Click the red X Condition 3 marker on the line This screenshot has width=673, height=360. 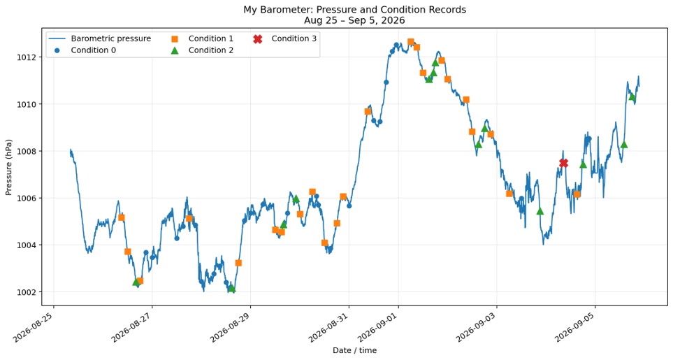pos(563,163)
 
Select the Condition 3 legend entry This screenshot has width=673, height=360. pos(285,38)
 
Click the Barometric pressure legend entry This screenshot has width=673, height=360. pos(100,38)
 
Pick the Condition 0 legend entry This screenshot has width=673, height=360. pos(85,50)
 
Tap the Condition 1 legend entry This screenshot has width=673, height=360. pos(203,38)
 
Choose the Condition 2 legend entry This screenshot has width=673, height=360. pos(203,50)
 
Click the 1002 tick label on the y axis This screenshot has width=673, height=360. pos(29,292)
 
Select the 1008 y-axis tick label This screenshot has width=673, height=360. pos(29,151)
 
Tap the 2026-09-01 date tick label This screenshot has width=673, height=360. pos(378,327)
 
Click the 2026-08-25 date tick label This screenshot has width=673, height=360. pos(34,327)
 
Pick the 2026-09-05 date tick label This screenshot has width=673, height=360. pos(575,327)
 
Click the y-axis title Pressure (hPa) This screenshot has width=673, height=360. pos(8,167)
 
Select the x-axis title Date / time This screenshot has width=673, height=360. pos(354,350)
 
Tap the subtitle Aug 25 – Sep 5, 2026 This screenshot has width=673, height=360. pos(354,20)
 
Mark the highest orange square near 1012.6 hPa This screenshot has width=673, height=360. pos(411,42)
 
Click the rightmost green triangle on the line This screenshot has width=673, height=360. pos(632,96)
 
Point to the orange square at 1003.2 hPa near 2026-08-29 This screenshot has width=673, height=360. pos(238,263)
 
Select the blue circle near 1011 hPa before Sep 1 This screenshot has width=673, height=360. pos(386,82)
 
